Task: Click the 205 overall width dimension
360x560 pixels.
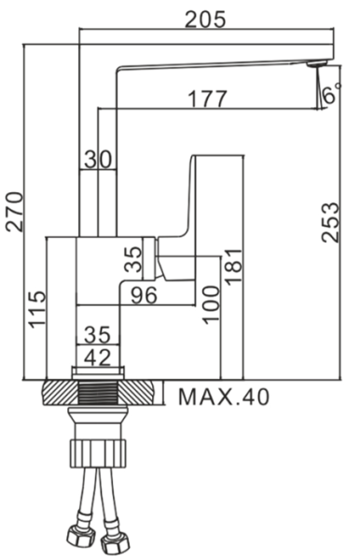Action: point(205,19)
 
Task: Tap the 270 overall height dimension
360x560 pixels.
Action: point(15,212)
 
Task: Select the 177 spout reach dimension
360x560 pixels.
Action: point(207,99)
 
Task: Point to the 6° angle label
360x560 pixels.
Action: point(331,92)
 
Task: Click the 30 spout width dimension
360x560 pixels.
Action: point(98,160)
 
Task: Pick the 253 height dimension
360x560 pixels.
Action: point(329,222)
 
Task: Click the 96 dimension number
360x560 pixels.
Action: point(144,295)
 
